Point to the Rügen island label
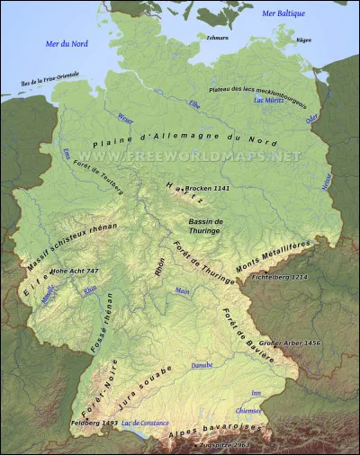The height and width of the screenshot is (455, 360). tap(304, 40)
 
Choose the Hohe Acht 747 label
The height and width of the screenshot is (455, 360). tap(75, 271)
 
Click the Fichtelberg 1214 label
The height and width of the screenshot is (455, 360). tap(282, 278)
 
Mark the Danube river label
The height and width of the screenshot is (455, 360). tap(202, 366)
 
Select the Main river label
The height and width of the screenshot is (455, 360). tap(183, 290)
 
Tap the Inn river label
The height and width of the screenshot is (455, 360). tap(256, 392)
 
